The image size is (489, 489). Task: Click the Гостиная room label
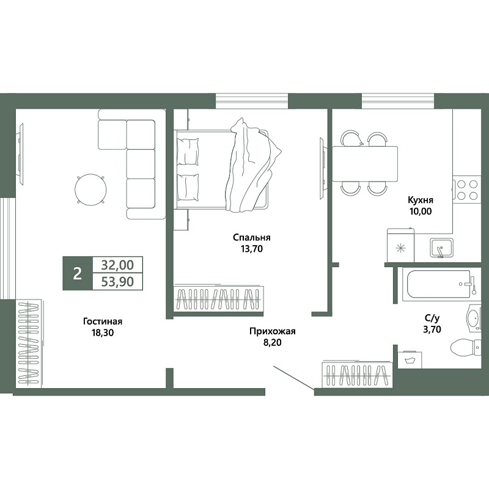tap(103, 322)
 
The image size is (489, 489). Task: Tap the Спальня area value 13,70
tap(251, 249)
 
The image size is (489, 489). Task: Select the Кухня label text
tap(421, 200)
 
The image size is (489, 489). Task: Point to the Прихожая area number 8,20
tap(272, 342)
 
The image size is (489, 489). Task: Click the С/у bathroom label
tap(432, 318)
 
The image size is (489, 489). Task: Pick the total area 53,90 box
tap(117, 282)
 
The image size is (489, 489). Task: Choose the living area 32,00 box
tap(117, 265)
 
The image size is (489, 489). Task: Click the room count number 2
tap(78, 273)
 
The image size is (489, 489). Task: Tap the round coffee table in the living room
tap(90, 189)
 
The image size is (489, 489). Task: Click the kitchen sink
tap(441, 248)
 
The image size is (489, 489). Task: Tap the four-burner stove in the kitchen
tap(467, 189)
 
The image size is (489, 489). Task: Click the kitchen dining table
tap(364, 164)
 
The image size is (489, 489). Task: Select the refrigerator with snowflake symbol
tap(400, 246)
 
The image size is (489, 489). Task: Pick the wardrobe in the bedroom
tap(219, 298)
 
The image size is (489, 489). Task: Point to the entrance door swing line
tap(293, 378)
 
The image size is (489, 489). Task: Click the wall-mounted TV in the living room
tap(21, 155)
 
